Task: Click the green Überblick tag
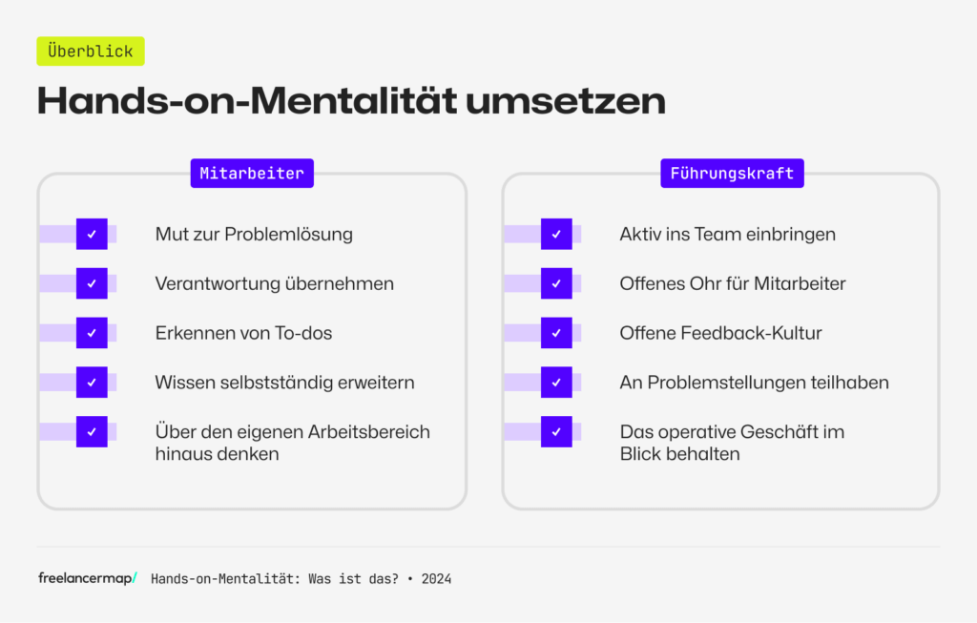[91, 52]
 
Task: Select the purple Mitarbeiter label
[252, 174]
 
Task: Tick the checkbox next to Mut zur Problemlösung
[92, 234]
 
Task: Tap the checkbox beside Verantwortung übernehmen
[92, 283]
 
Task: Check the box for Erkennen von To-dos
[92, 333]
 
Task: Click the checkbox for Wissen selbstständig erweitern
[92, 383]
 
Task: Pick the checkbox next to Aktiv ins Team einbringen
[556, 234]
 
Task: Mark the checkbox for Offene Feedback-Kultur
[556, 333]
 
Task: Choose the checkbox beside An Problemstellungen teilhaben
[556, 383]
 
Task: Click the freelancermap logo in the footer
[87, 578]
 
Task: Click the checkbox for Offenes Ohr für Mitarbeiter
[556, 283]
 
